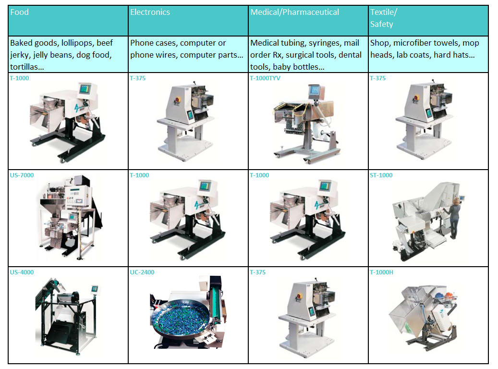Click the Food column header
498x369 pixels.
tap(19, 12)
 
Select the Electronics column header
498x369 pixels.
tap(150, 12)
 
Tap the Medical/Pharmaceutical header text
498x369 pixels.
tap(294, 12)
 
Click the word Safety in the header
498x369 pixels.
tap(381, 24)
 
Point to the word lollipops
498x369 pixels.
tap(78, 43)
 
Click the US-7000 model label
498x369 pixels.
tap(22, 175)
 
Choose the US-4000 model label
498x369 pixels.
tap(22, 272)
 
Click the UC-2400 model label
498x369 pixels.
tap(142, 272)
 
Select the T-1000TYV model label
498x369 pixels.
tap(265, 78)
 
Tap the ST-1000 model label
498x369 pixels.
tap(381, 175)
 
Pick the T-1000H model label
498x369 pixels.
tap(381, 272)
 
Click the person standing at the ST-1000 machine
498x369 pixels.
tap(454, 218)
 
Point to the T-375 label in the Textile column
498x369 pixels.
tap(377, 78)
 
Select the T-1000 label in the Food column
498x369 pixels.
tap(19, 78)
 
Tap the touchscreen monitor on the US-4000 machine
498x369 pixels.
tap(95, 289)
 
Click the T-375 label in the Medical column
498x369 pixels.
tap(257, 272)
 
